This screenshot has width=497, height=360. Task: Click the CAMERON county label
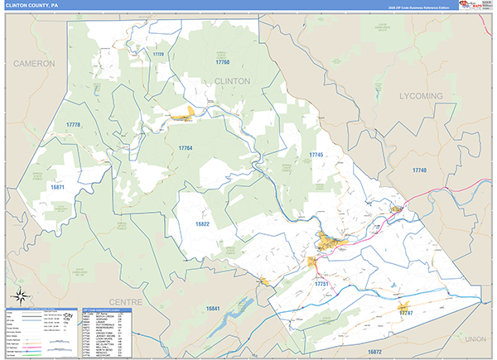34,63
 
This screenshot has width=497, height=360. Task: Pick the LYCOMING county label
421,96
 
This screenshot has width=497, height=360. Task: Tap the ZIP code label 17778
74,125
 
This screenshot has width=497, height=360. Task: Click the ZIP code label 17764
185,148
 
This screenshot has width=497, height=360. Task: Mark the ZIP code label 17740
418,170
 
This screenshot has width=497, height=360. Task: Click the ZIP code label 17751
322,283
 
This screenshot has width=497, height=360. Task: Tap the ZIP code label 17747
406,314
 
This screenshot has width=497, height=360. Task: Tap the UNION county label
475,339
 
